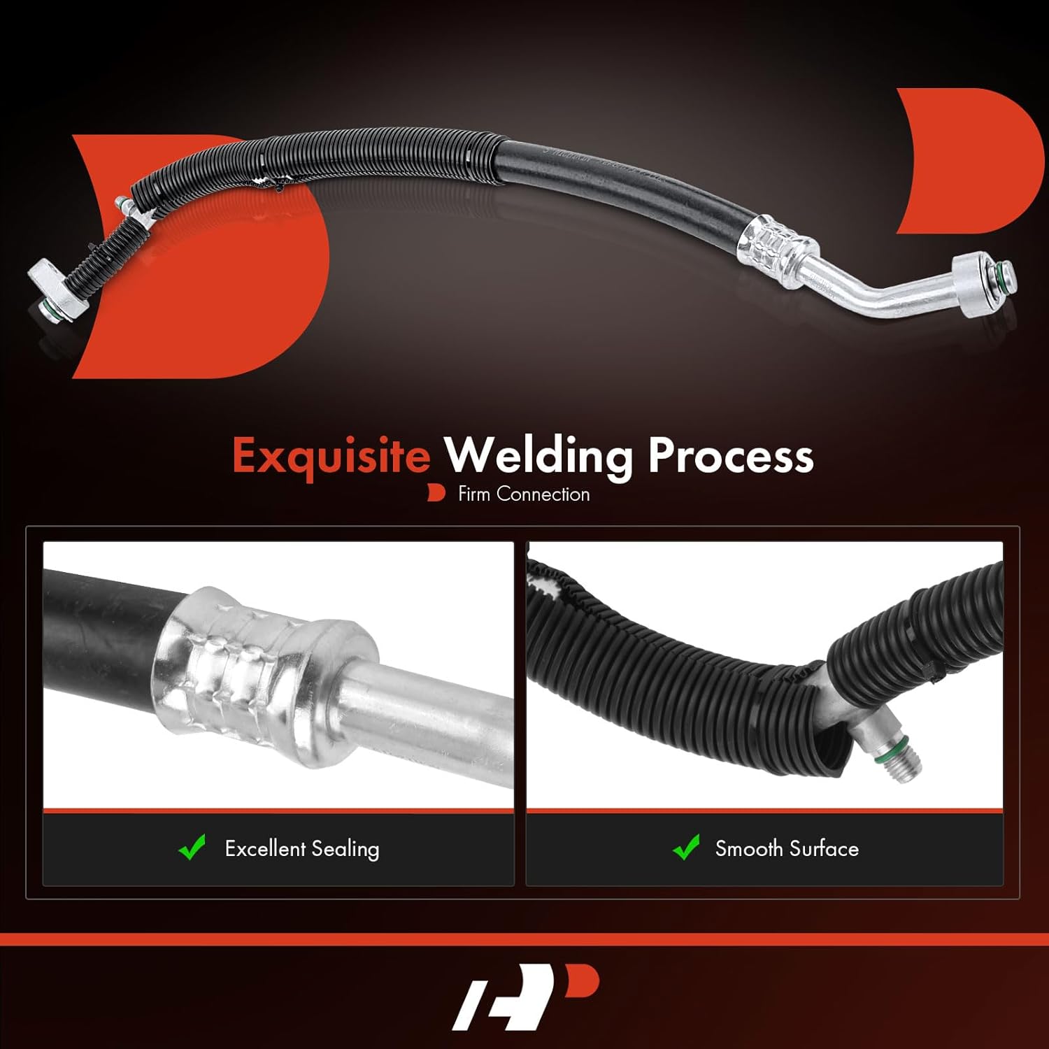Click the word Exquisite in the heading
[x=331, y=455]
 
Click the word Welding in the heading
[x=538, y=455]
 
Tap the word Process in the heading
[x=730, y=455]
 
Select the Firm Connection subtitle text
[x=523, y=494]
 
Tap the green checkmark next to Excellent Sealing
[x=192, y=847]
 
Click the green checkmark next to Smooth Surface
[x=686, y=847]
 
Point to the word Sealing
[x=345, y=848]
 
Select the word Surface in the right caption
[x=823, y=848]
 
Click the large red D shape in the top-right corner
[x=969, y=161]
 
